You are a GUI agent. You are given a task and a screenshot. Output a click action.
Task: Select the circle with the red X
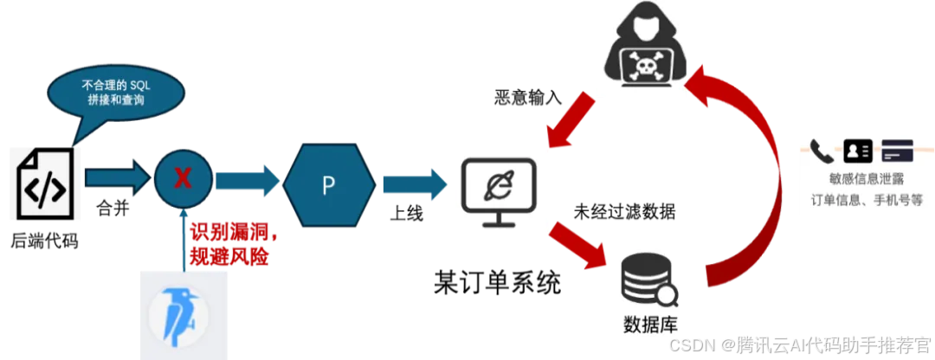[x=183, y=179]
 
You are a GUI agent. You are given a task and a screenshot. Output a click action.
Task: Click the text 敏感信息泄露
[x=859, y=180]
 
